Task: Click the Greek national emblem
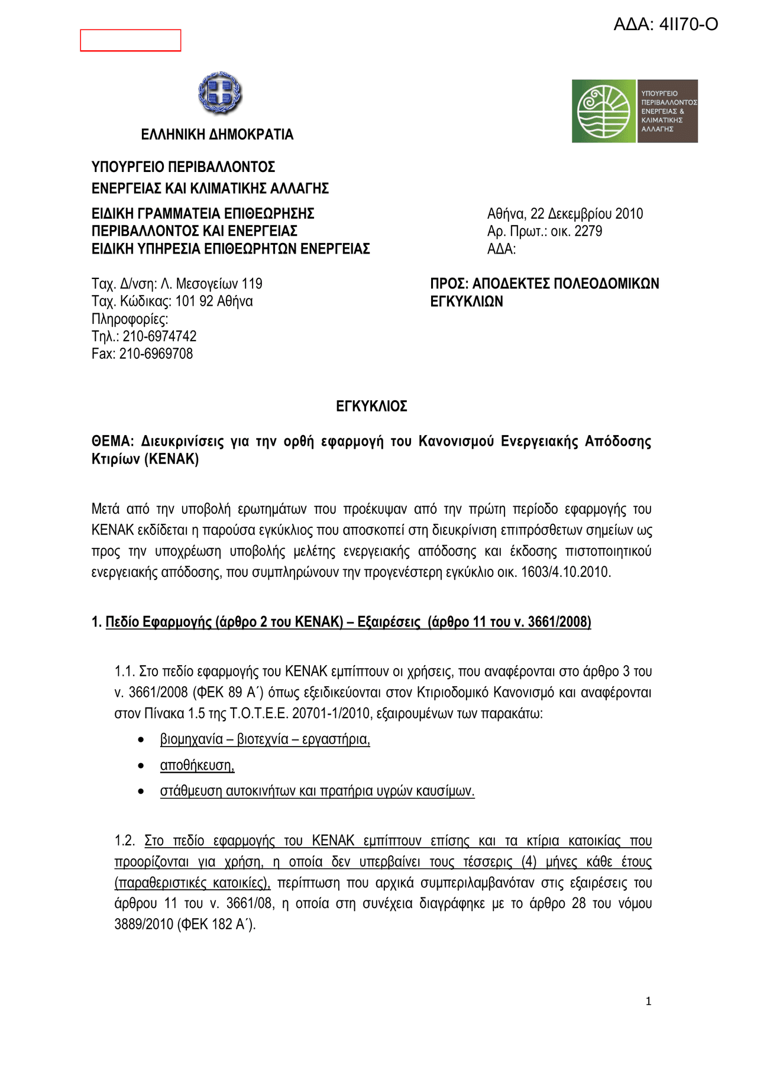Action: point(220,93)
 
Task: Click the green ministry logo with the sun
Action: point(603,111)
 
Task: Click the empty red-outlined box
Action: point(131,40)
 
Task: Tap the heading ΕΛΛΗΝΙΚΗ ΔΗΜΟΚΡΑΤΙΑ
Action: point(217,135)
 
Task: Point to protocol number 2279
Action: point(588,231)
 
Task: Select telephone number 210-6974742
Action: point(160,336)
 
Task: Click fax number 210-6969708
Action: point(156,354)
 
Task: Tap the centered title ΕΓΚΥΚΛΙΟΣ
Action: point(371,406)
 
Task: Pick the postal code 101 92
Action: point(194,301)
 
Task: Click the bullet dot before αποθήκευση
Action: point(141,766)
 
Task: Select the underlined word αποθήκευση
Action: point(197,766)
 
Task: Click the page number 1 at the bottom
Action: point(649,1001)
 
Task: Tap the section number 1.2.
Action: point(124,841)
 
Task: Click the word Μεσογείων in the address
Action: point(208,284)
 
